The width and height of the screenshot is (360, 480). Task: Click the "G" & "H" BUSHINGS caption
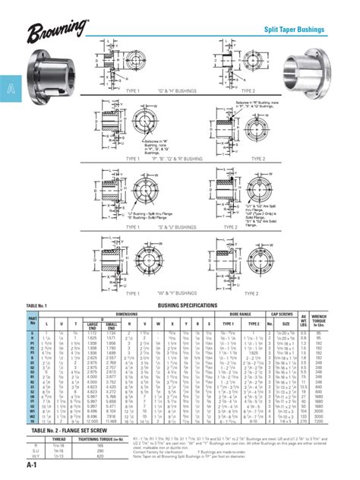tap(175, 90)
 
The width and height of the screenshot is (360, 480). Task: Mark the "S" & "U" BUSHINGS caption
tap(175, 226)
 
